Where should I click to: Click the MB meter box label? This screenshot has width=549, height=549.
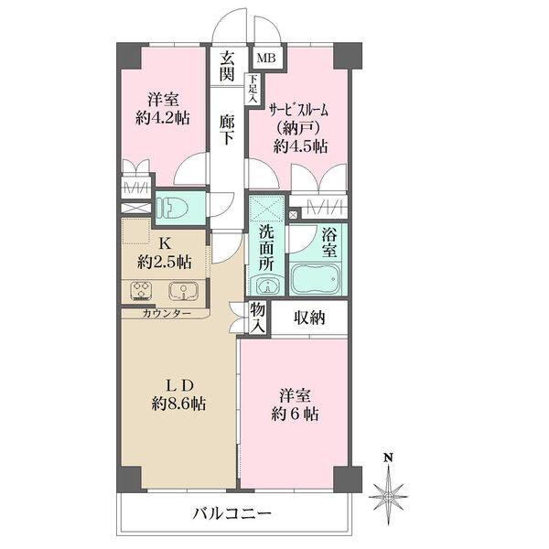[x=266, y=59]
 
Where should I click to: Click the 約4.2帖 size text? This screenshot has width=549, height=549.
[x=165, y=118]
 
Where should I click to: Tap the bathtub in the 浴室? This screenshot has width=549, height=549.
[x=315, y=278]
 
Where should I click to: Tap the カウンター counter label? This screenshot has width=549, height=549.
[x=167, y=313]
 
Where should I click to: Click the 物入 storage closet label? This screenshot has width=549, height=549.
[x=258, y=318]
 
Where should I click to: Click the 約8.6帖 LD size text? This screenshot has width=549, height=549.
[x=178, y=402]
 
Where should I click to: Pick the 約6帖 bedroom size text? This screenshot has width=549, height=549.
[x=293, y=413]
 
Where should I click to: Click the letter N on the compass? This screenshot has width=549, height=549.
[x=388, y=457]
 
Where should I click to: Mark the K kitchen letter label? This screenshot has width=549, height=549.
[x=166, y=244]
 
